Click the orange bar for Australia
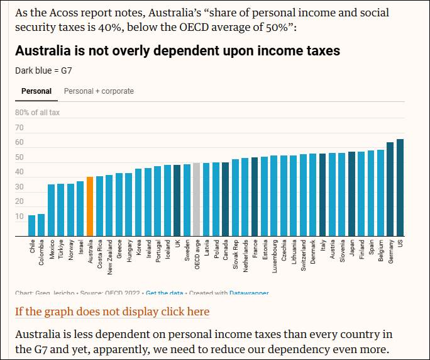click(x=90, y=206)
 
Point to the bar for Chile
click(x=32, y=225)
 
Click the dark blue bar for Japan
click(x=351, y=194)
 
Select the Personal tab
click(x=36, y=91)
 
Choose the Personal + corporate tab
click(x=99, y=91)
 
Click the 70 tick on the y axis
click(x=19, y=128)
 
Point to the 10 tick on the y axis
click(x=19, y=217)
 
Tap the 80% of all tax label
click(x=38, y=113)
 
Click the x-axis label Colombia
click(x=41, y=252)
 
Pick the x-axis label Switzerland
click(x=303, y=256)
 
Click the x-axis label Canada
click(x=225, y=250)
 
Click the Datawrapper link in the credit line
click(x=249, y=293)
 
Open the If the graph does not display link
click(x=113, y=312)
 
